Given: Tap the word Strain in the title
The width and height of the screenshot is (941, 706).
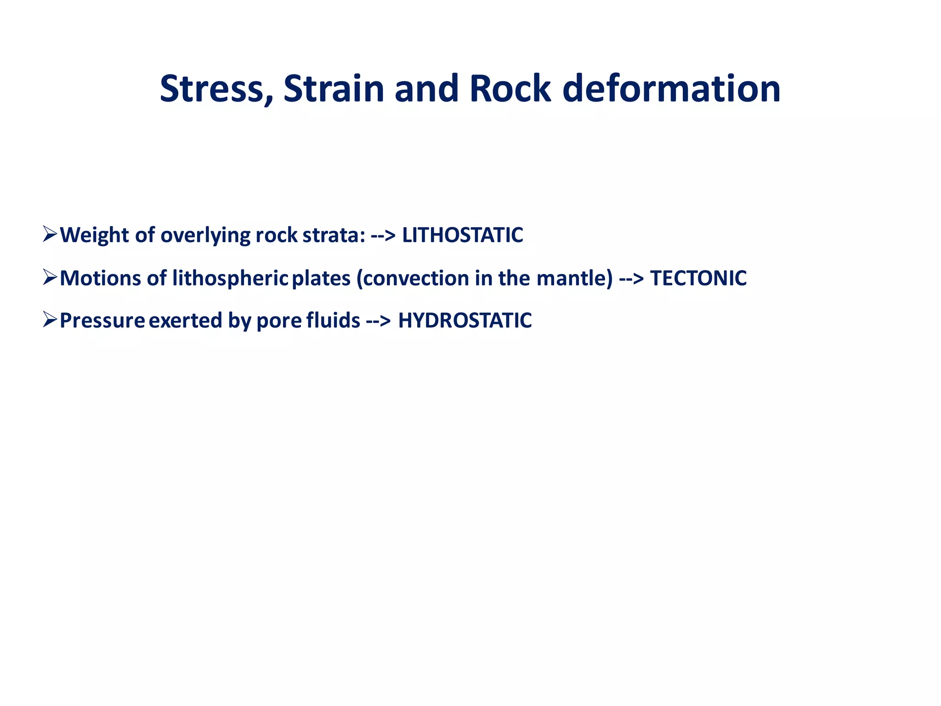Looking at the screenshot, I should pyautogui.click(x=334, y=89).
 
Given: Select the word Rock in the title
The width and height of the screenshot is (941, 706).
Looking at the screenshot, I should pyautogui.click(x=510, y=89).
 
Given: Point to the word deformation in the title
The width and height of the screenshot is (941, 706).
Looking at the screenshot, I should pyautogui.click(x=671, y=89).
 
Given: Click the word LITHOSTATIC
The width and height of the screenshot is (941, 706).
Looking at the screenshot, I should pyautogui.click(x=462, y=235).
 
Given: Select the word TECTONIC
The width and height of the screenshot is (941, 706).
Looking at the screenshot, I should pyautogui.click(x=698, y=278).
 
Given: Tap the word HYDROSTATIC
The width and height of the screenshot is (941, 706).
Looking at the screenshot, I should pyautogui.click(x=465, y=320).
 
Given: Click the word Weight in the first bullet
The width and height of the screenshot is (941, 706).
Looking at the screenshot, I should pyautogui.click(x=95, y=235).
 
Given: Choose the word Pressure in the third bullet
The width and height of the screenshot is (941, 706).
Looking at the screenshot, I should pyautogui.click(x=102, y=320).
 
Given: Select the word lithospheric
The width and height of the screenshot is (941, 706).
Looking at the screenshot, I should pyautogui.click(x=230, y=278).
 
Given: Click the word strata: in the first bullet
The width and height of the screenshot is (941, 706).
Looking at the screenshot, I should pyautogui.click(x=334, y=235).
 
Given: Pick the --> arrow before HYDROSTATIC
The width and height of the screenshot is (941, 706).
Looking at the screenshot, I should pyautogui.click(x=379, y=321).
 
